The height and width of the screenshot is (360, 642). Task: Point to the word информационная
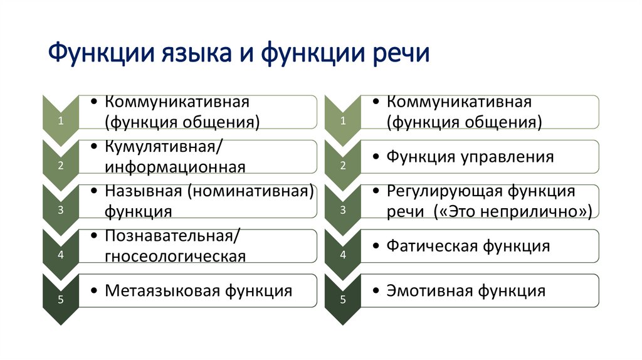point(174,166)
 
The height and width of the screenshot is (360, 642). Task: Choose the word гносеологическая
point(174,256)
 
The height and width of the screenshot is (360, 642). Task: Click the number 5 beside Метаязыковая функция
point(60,300)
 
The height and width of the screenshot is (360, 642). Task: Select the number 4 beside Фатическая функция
point(343,255)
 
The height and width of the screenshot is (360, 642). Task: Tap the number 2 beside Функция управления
point(343,166)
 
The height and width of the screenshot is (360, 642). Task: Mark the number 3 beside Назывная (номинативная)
point(60,211)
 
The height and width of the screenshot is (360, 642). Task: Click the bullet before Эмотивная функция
point(375,291)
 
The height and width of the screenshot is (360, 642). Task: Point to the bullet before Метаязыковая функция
point(93,291)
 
